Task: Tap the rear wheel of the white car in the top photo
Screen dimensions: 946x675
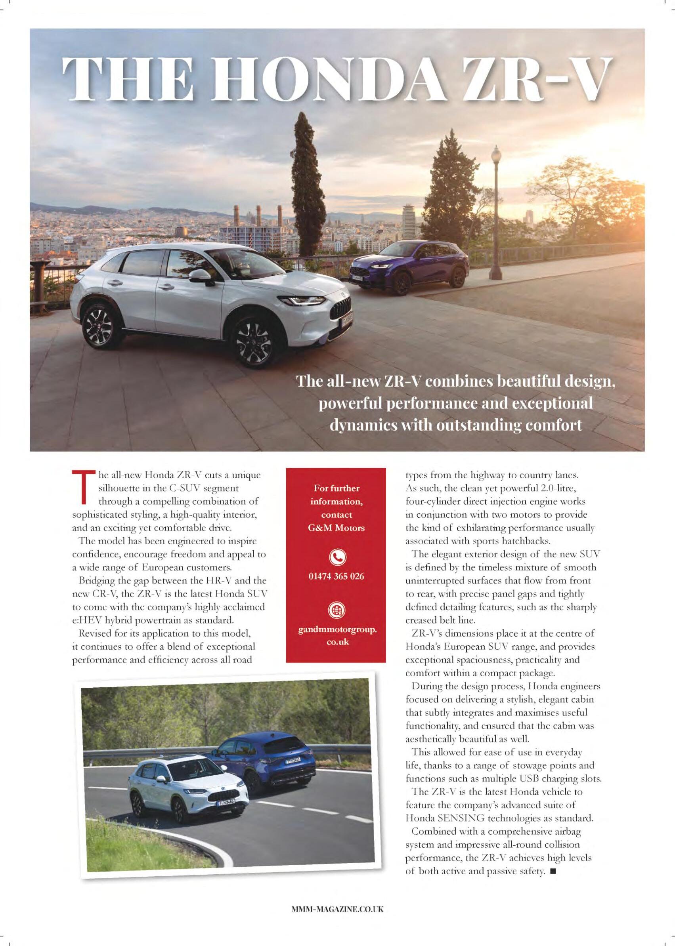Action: pyautogui.click(x=97, y=325)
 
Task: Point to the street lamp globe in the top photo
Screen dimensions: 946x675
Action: pyautogui.click(x=496, y=155)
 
